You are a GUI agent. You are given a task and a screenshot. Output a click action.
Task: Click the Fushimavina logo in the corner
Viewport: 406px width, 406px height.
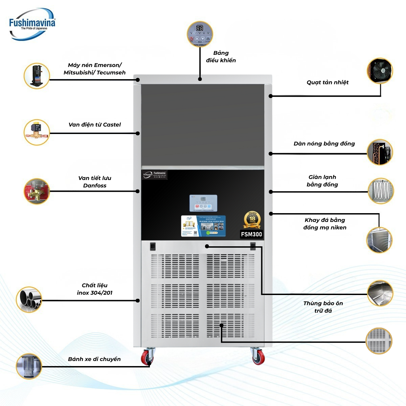click(32, 24)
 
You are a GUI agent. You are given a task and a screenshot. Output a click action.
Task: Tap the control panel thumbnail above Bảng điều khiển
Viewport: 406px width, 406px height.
click(200, 34)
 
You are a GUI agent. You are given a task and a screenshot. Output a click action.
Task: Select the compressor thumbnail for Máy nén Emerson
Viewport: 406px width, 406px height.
click(37, 76)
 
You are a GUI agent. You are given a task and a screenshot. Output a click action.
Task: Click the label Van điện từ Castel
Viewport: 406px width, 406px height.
click(94, 125)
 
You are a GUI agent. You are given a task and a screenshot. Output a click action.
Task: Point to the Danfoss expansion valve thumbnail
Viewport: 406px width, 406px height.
click(37, 191)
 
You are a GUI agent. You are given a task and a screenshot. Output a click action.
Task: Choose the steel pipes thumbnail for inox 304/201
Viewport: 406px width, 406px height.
click(29, 299)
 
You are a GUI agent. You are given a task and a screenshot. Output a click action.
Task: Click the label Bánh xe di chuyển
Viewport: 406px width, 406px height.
click(94, 359)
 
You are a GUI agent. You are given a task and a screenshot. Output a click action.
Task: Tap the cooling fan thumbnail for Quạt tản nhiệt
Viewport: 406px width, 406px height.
click(380, 70)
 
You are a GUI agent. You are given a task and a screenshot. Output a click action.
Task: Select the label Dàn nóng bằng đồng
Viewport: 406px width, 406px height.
click(324, 144)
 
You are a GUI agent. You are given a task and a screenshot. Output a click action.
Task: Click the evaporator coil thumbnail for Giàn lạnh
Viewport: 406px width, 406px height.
click(380, 191)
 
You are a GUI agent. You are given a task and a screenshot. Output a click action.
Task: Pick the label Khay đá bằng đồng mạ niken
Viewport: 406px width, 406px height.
click(324, 224)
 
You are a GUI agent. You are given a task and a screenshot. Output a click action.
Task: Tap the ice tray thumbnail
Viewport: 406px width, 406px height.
click(379, 240)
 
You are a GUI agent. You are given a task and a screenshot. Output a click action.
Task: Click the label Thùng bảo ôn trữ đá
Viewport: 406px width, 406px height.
click(323, 307)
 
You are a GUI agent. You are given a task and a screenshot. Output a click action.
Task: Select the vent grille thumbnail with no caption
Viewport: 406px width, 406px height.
click(379, 340)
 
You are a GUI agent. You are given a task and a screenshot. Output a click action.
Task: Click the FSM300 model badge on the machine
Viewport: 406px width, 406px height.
click(251, 234)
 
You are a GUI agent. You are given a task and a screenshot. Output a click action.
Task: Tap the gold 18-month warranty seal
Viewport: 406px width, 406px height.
click(252, 220)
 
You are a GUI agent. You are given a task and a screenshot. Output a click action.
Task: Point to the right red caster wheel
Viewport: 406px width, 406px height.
click(258, 356)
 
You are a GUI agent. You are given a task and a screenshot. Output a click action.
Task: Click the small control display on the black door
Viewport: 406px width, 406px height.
click(203, 203)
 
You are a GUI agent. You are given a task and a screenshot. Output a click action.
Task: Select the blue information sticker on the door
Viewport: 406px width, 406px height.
click(203, 226)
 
